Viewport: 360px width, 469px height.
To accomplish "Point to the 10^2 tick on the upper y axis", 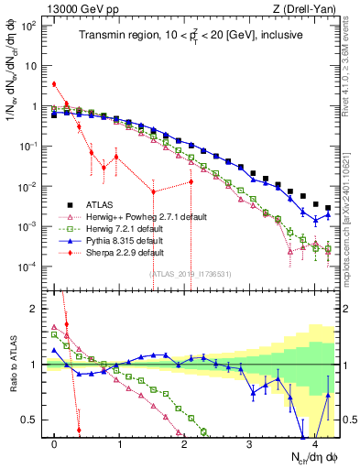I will point(30,25).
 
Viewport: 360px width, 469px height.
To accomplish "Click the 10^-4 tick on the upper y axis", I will point(30,267).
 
